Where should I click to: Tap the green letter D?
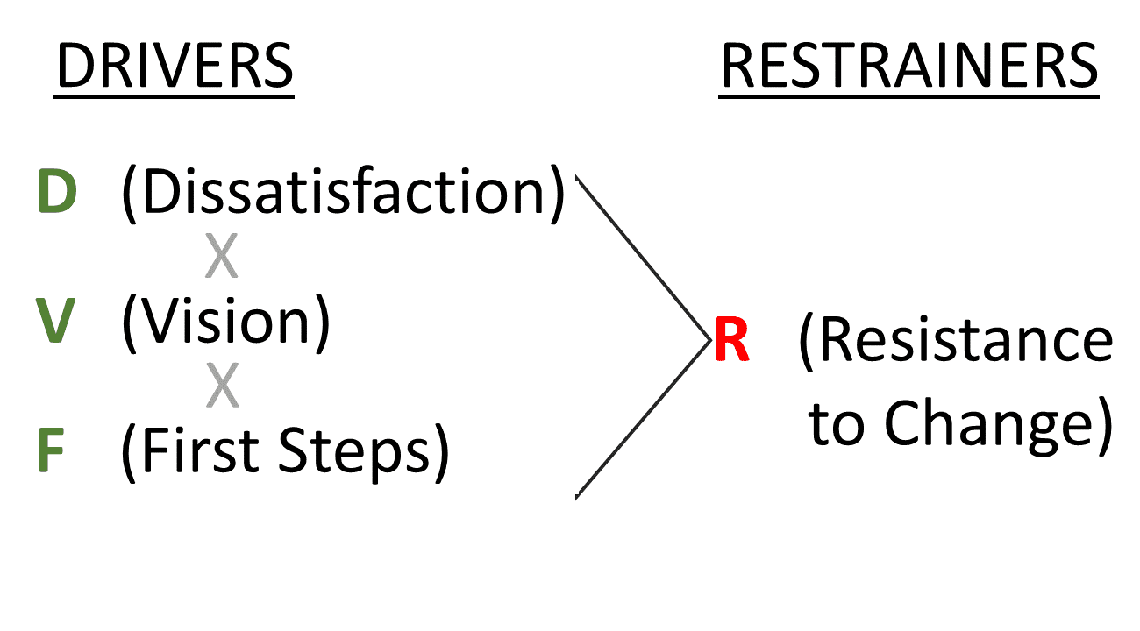pos(57,194)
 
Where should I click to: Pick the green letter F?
pos(51,451)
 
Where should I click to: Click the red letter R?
pos(732,342)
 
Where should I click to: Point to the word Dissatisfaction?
pos(342,194)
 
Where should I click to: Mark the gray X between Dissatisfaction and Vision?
pos(222,258)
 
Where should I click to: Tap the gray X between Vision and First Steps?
pos(222,386)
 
